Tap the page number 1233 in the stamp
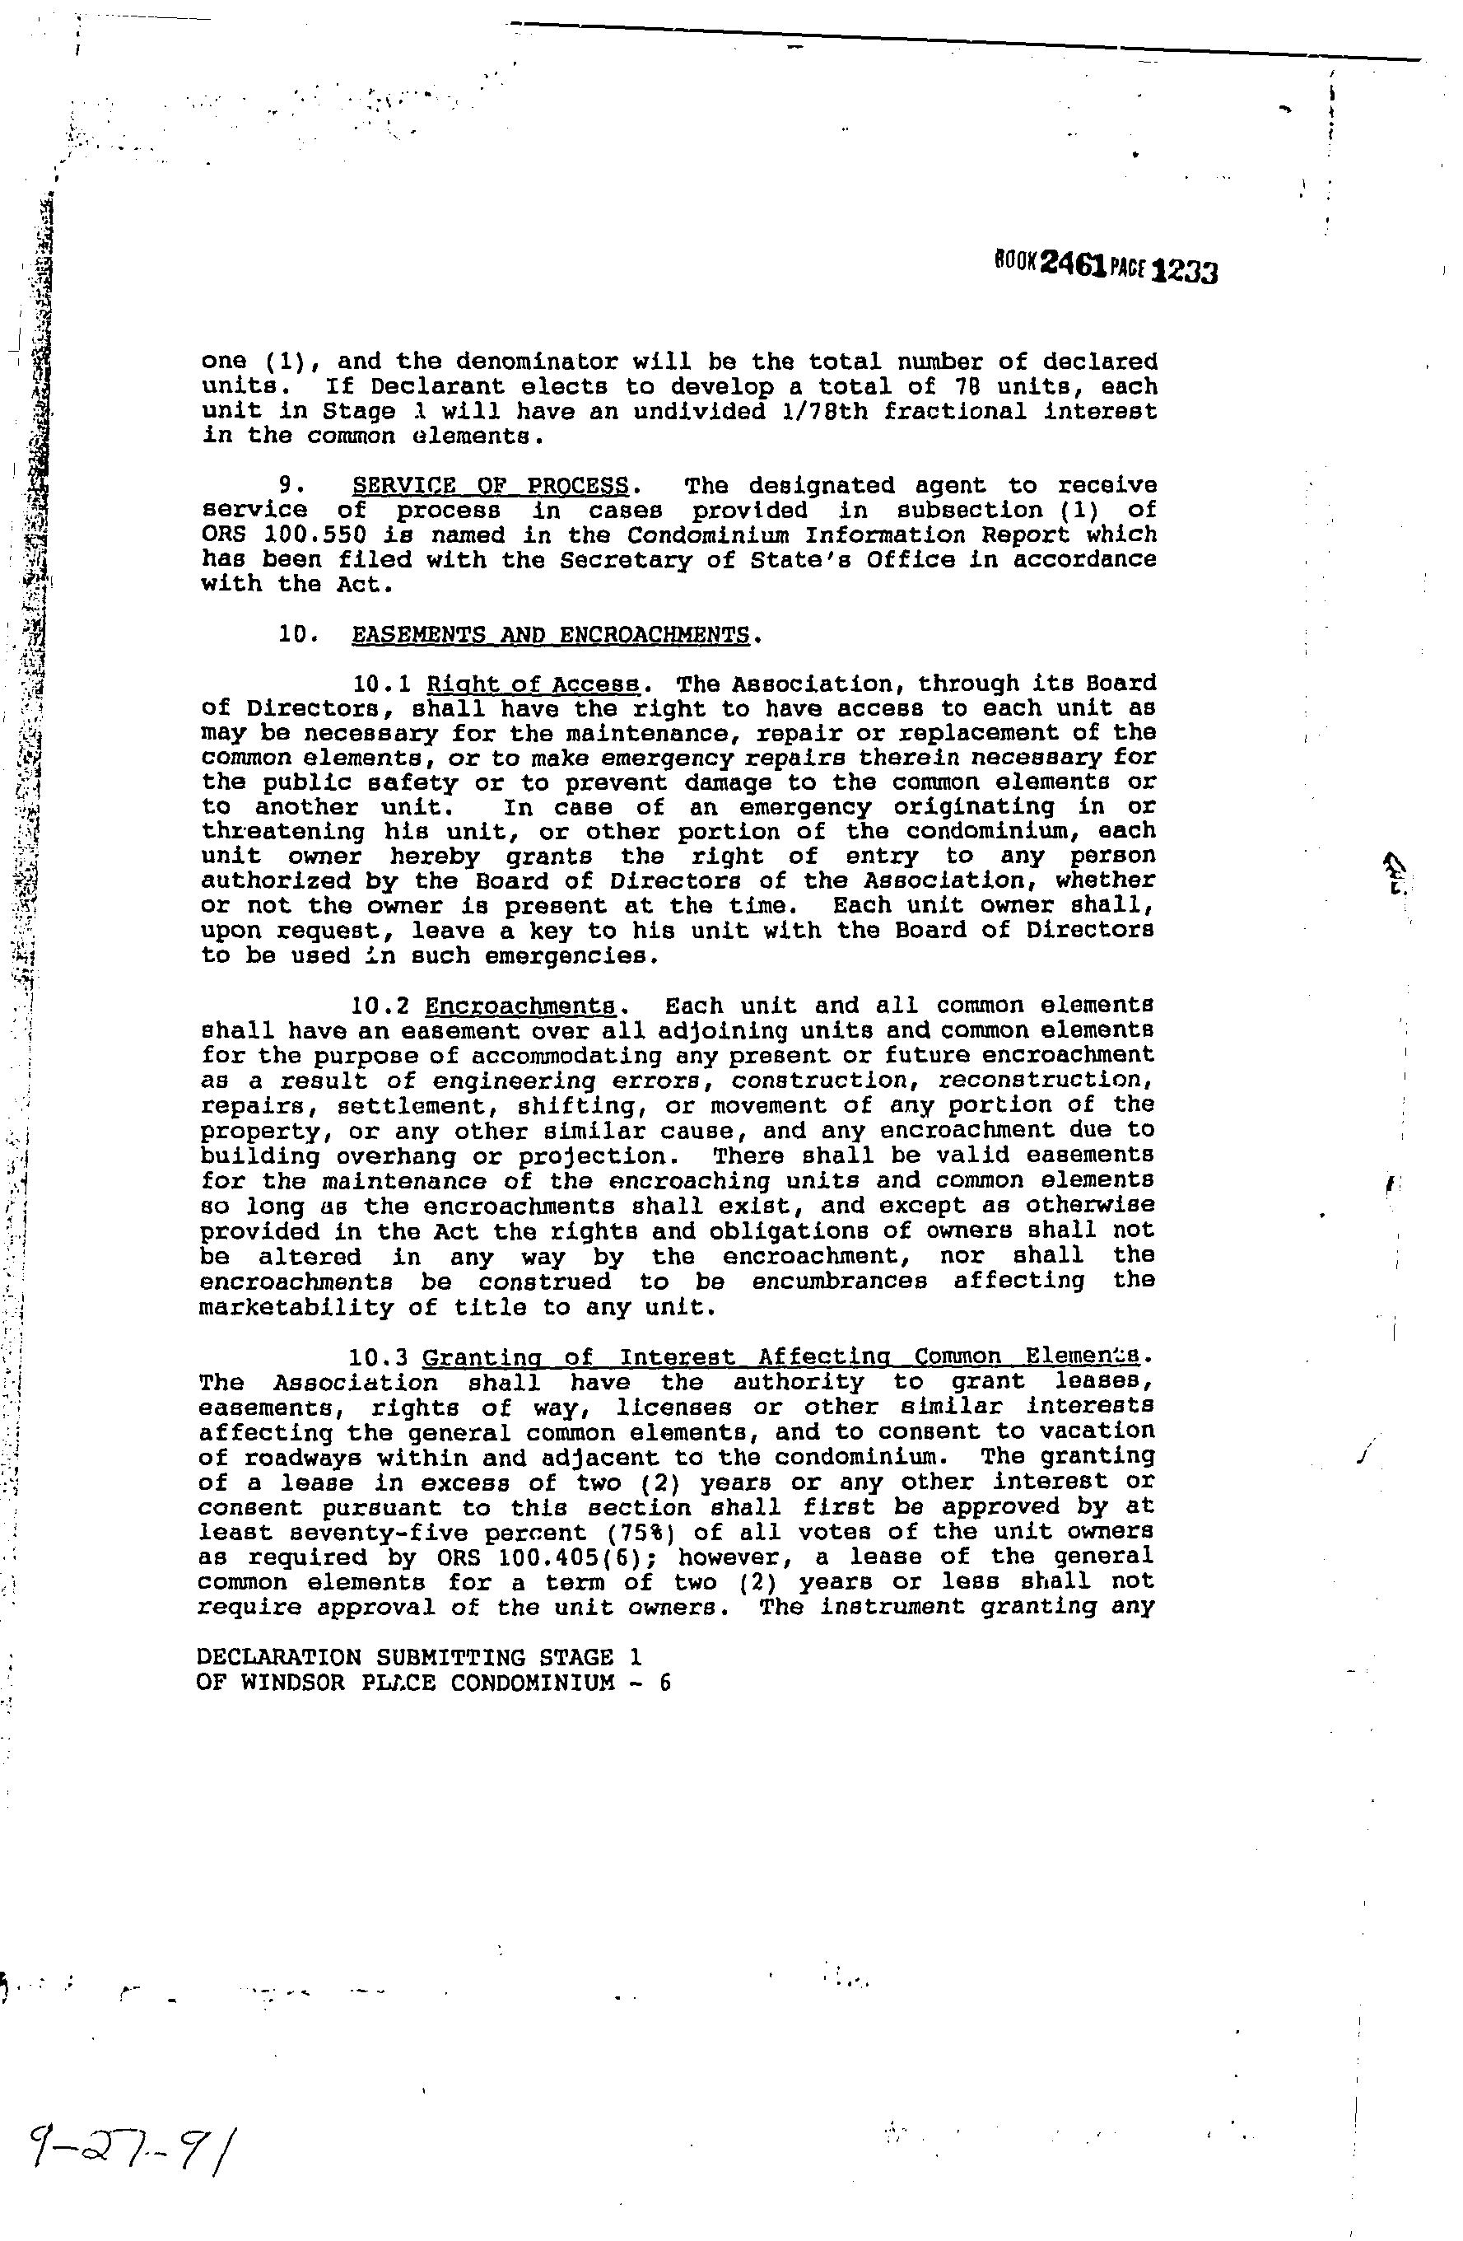1185,272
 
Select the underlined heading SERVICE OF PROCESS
490,486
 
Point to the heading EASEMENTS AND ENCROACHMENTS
551,635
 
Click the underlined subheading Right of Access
533,684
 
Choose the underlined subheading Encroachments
520,1006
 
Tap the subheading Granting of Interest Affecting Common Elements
780,1356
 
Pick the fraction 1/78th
816,412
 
